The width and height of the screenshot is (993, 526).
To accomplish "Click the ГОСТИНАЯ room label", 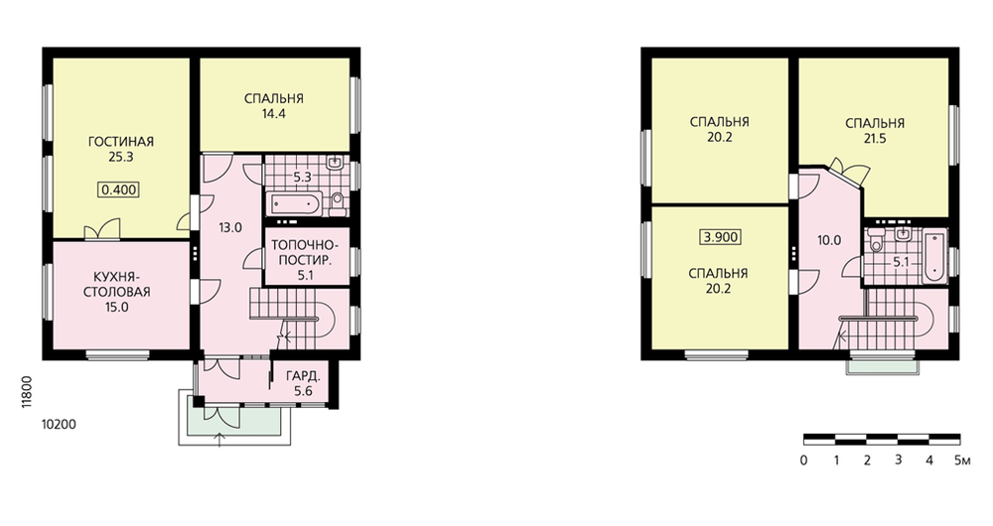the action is click(120, 142).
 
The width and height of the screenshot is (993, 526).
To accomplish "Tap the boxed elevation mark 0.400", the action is click(119, 190).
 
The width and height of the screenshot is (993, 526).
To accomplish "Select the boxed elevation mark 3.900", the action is click(720, 237).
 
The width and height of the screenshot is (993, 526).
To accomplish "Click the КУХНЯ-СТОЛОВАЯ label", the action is click(120, 284).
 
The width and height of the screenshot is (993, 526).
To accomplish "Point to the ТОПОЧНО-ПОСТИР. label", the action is click(305, 252).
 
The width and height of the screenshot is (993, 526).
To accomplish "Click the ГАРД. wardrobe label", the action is click(303, 375).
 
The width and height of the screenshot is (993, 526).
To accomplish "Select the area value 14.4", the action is click(274, 114).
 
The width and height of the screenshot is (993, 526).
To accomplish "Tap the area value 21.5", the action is click(875, 139).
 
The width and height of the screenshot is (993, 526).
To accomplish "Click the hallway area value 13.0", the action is click(230, 228).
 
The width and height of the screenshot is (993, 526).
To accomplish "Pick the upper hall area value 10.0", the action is click(829, 240).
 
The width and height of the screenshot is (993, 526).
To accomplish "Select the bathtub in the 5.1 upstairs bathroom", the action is click(935, 257).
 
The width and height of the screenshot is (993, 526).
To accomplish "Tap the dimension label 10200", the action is click(59, 425).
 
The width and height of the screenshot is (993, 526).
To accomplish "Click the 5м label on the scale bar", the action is click(962, 460).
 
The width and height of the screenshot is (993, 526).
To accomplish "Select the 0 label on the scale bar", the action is click(803, 460).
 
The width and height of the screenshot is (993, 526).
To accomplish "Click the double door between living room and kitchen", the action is click(102, 230).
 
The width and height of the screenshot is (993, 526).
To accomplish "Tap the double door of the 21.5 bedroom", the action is click(849, 171).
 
